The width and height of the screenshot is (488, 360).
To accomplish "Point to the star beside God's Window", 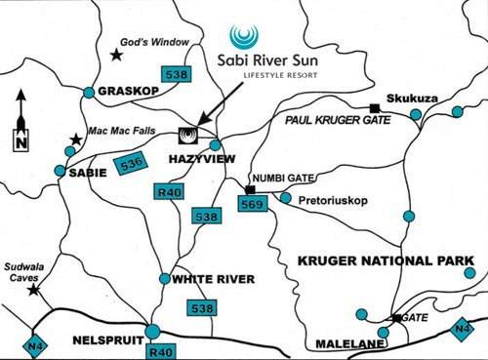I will tap(115, 51).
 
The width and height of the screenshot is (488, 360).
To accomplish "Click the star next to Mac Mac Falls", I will tap(76, 140).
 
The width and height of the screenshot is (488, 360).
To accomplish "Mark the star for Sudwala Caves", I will tap(34, 289).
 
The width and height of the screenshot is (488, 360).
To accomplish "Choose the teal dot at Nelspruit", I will tap(153, 330).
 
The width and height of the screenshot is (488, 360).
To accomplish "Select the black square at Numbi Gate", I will tap(250, 188).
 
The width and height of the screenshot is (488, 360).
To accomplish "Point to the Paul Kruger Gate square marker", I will tap(373, 107).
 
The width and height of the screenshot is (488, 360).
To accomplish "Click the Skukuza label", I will tap(411, 100).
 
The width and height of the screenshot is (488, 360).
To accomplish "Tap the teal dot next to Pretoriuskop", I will tap(286, 198).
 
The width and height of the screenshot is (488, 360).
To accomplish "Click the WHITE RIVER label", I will tap(213, 278).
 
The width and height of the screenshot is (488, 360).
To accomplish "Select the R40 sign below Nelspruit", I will tap(159, 350).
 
